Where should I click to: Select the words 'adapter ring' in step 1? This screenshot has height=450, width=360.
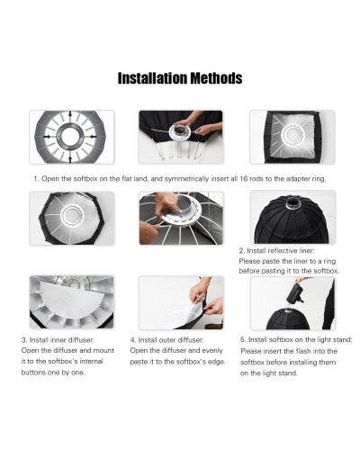coord(293,179)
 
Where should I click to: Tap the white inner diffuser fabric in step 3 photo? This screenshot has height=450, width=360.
coord(76,310)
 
